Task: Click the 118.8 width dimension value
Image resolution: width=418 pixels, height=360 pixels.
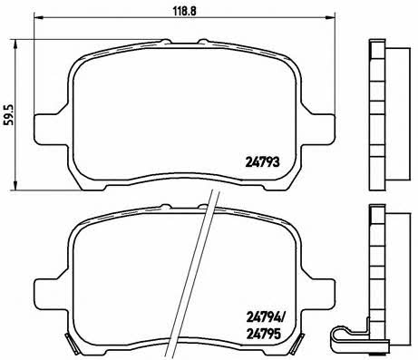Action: tap(185, 11)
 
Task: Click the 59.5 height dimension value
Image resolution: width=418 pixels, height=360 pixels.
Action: tap(9, 114)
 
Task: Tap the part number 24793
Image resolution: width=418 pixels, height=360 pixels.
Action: tap(262, 162)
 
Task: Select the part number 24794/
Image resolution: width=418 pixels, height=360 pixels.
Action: tap(266, 317)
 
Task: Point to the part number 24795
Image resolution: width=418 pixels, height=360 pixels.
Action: tap(264, 334)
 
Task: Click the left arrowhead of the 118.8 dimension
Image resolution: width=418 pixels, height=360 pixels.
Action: tap(38, 17)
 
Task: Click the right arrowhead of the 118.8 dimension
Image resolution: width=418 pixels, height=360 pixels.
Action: tap(330, 17)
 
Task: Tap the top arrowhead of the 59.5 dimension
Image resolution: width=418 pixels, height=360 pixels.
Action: tap(15, 44)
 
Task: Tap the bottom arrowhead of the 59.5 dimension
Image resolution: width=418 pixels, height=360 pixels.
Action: tap(15, 185)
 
